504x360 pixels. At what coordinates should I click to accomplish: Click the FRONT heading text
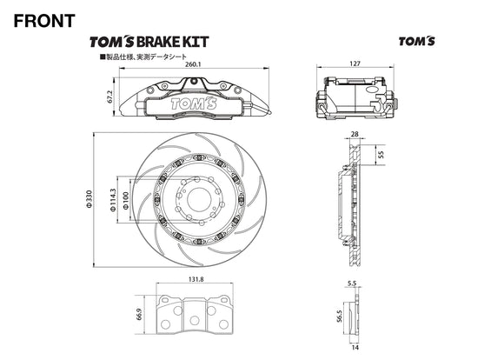point(44,20)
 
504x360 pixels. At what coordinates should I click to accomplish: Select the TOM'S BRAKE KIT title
point(149,41)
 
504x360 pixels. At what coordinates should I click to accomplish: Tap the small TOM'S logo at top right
point(416,41)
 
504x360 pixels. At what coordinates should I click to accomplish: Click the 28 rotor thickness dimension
point(354,135)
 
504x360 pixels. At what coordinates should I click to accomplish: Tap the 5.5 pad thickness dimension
point(351,284)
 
